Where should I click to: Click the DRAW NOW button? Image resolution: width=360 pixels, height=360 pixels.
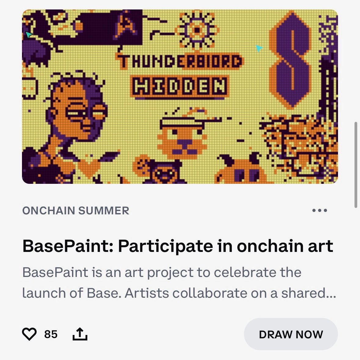tap(291, 334)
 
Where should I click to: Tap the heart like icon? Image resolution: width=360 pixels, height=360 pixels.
tap(29, 334)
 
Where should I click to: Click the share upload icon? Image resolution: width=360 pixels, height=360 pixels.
tap(80, 334)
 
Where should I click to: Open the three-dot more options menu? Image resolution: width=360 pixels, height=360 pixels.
tap(320, 210)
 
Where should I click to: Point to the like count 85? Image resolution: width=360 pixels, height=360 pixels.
tap(51, 334)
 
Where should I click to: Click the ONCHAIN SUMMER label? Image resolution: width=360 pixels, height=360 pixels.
tap(76, 211)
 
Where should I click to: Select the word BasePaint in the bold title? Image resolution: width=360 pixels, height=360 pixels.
tap(66, 246)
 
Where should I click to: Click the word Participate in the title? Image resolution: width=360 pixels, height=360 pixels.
tap(165, 246)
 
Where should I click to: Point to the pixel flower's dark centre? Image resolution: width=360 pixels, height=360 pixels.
tap(197, 30)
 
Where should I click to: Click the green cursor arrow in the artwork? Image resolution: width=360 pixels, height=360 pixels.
tap(29, 35)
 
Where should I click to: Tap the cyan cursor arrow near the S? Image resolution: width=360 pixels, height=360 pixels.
tap(259, 48)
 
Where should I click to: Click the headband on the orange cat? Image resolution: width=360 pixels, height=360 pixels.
tap(180, 122)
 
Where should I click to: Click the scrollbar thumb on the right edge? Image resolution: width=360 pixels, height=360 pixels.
tap(355, 165)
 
